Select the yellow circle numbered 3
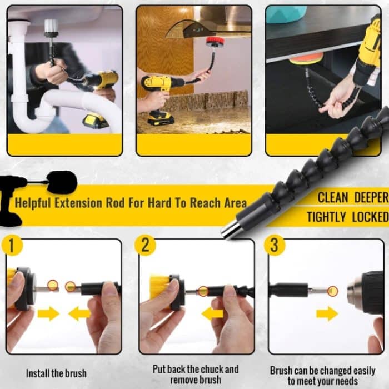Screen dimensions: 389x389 (x=273, y=245)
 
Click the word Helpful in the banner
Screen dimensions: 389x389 (x=34, y=202)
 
